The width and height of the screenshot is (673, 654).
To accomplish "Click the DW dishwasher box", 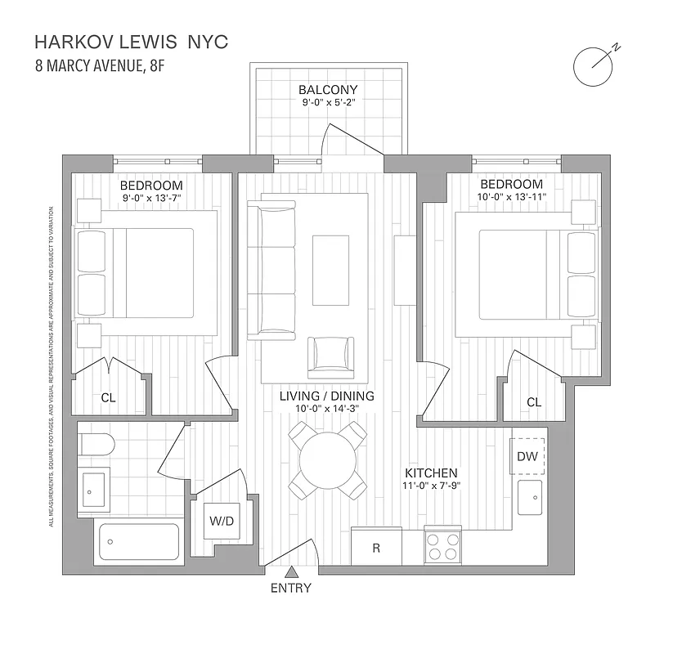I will [527, 456].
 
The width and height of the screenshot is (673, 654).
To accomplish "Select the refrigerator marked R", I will [376, 546].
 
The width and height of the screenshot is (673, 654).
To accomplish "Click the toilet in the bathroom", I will [96, 446].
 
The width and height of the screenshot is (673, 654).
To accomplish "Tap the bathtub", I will [138, 540].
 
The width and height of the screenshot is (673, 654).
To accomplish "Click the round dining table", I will [327, 461].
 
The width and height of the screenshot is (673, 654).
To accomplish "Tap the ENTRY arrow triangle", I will [292, 574].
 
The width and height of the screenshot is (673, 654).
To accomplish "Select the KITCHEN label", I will [430, 473].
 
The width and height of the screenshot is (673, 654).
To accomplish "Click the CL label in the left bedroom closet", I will [108, 397].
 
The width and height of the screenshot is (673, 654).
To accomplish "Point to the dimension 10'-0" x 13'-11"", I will [512, 197].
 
